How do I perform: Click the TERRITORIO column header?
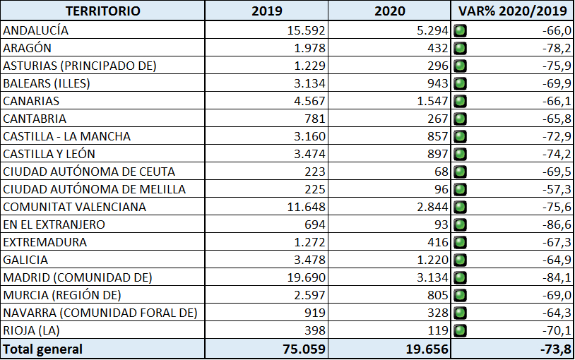103,11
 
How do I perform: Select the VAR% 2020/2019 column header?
513,11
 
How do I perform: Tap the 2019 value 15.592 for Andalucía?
306,30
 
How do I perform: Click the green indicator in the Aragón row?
461,48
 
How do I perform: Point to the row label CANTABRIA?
35,119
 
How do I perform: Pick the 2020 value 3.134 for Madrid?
432,277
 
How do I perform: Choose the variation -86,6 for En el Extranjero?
557,224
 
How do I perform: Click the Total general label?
42,349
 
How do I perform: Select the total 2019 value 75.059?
304,349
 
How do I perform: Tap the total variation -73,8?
555,349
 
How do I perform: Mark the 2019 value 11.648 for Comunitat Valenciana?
306,207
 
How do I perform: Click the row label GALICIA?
25,260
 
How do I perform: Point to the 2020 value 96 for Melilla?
441,190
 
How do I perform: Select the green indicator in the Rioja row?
461,330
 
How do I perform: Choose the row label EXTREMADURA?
45,242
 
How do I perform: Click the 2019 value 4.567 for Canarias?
309,101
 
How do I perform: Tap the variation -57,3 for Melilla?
557,190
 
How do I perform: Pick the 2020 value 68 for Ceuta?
441,172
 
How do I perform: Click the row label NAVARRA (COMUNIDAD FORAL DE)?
100,313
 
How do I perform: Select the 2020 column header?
389,11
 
